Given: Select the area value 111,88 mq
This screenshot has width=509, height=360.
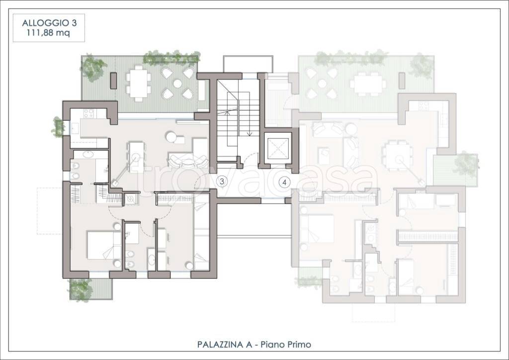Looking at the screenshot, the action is pos(49,33).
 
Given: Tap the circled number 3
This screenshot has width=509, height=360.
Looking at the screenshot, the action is pos(222,181).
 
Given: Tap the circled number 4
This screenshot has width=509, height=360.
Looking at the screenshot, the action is pos(285,182).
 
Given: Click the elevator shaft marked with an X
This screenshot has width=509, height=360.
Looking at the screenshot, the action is pos(277,150).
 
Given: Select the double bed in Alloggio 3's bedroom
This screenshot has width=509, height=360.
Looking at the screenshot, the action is pos(104,245).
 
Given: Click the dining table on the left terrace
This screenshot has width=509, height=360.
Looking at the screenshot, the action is pos(139,84).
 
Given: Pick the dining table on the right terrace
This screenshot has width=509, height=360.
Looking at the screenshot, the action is pos(367,84).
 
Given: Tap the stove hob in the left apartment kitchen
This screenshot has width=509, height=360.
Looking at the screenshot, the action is pos(88,113).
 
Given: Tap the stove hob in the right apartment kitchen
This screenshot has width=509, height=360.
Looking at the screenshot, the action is pos(423,106).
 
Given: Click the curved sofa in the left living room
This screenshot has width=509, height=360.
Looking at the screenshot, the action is pos(188,161).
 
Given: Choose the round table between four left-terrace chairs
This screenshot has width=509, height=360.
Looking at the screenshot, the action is pos(177,84).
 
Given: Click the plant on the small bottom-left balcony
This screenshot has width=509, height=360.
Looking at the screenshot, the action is pos(80,289).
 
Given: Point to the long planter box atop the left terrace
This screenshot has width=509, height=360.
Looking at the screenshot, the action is pos(171,59).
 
